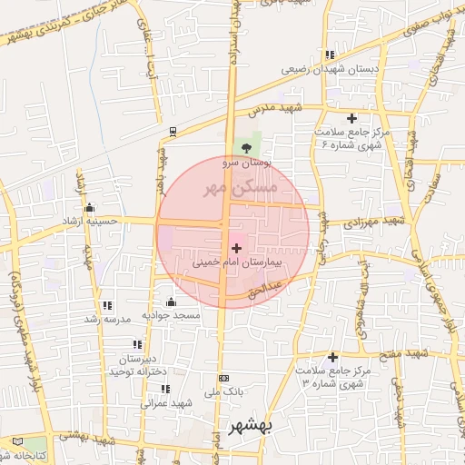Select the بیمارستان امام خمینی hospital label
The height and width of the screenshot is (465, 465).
coord(238,262)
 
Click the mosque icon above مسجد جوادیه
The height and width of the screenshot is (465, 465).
coord(171,302)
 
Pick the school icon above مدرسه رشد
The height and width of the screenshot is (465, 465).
coord(108,305)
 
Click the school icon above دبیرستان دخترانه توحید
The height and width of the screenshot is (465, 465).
coord(137,344)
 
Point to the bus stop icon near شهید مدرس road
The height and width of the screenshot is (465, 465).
coord(172,130)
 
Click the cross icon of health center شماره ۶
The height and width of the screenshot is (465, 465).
coord(351,118)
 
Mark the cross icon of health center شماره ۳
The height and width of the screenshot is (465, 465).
coord(333,357)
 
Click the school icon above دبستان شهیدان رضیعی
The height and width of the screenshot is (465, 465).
coord(329,54)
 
